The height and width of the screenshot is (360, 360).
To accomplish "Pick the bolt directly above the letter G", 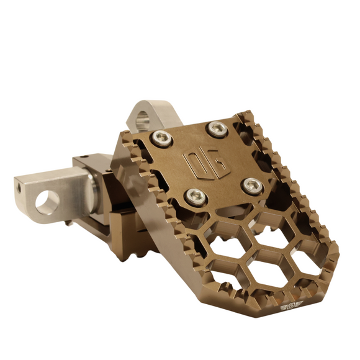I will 217,128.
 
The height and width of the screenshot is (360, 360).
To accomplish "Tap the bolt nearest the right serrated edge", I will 252,184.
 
